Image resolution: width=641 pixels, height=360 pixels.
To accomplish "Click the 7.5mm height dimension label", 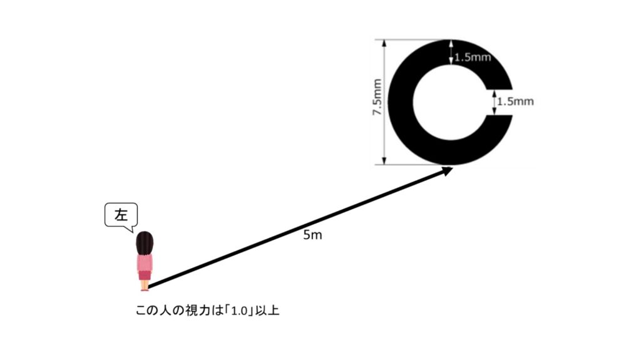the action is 377,98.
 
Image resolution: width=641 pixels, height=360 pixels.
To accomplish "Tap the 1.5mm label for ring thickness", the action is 473,57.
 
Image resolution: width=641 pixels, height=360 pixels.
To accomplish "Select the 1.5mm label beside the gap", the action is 516,101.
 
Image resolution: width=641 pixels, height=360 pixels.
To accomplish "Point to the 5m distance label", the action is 312,235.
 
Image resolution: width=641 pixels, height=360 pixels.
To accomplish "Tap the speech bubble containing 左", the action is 121,216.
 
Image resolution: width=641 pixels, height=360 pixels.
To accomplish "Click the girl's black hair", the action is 145,244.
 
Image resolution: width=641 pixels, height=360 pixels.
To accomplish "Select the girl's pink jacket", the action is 145,263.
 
